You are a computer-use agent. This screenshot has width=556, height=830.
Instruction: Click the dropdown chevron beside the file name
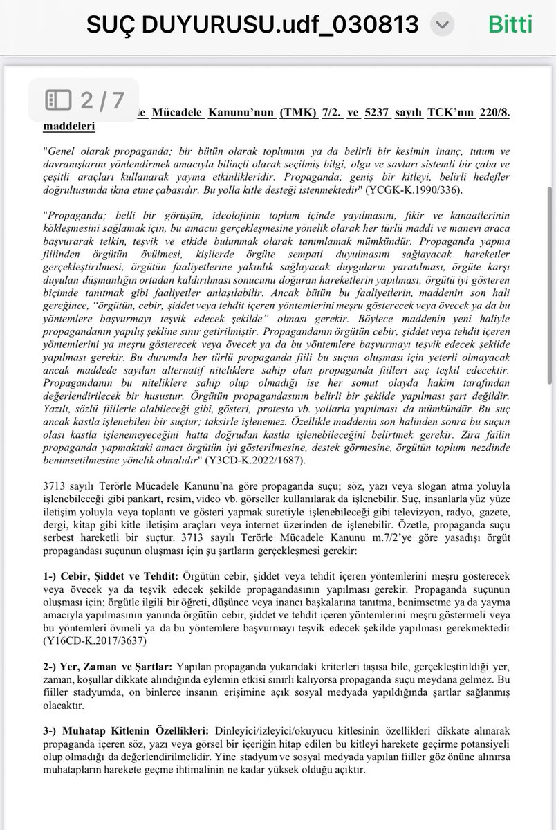[443, 25]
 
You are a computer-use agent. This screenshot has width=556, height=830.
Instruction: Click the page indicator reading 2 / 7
[102, 101]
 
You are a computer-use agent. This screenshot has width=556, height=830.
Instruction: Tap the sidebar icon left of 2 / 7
[58, 101]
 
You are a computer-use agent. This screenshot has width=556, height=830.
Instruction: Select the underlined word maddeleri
[69, 127]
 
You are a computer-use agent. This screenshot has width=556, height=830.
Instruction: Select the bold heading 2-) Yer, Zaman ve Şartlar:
[108, 665]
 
